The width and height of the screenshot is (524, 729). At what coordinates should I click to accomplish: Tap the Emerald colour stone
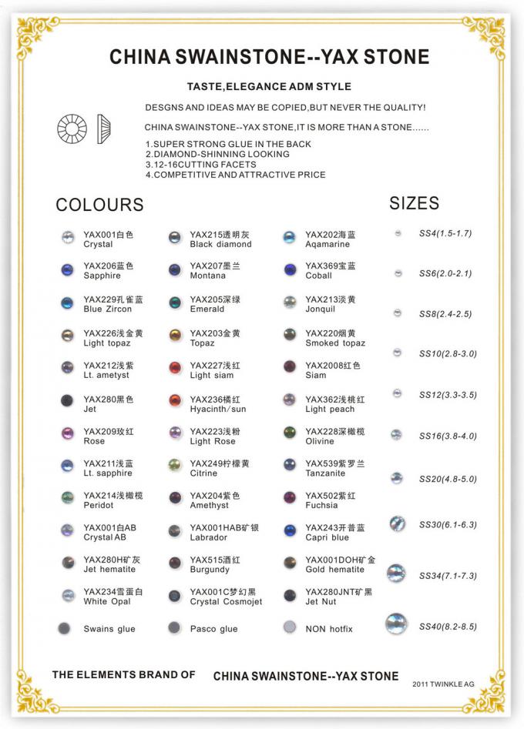(x=175, y=303)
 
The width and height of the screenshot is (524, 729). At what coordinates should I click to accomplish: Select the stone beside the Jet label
(x=67, y=400)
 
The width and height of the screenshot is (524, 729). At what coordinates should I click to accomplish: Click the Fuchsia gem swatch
(x=290, y=498)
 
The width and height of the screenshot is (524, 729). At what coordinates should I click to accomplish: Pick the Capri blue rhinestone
(x=290, y=530)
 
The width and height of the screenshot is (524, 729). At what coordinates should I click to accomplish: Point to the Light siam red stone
(x=175, y=368)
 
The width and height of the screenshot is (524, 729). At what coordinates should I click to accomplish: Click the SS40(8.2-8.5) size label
(x=448, y=627)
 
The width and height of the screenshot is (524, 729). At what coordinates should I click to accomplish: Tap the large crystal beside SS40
(x=397, y=624)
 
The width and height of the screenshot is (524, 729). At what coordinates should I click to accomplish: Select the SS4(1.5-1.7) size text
(x=445, y=232)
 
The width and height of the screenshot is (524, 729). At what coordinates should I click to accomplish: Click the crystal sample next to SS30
(x=397, y=524)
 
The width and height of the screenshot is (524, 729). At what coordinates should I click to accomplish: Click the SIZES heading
(x=414, y=203)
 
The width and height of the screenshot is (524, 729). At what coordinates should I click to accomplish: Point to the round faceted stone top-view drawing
(x=72, y=128)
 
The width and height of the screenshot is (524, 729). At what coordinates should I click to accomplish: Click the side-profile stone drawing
(x=101, y=129)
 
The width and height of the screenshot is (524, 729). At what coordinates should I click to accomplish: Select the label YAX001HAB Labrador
(x=224, y=532)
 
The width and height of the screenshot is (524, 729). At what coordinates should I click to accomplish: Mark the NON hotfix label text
(x=329, y=629)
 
